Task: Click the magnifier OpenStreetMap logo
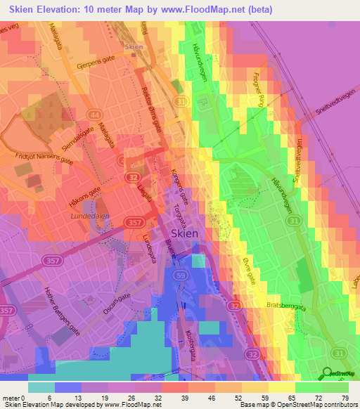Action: [x=327, y=374]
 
